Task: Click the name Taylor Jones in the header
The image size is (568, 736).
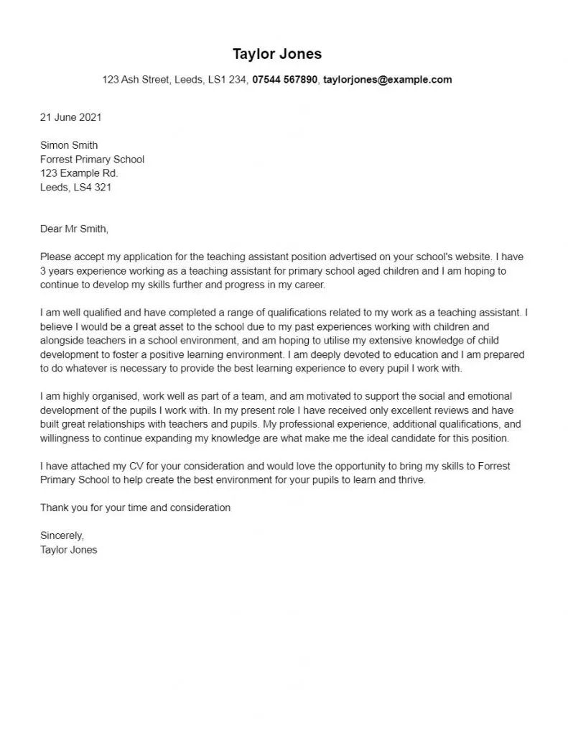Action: point(277,54)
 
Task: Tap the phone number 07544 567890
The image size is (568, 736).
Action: point(284,80)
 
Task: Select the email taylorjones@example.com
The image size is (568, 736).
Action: point(387,80)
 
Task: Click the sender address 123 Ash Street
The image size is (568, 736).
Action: point(136,80)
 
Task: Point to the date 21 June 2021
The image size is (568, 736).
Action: point(71,116)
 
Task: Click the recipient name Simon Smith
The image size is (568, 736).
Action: point(69,145)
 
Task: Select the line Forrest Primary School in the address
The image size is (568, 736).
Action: point(92,160)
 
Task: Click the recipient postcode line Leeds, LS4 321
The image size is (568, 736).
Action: point(75,188)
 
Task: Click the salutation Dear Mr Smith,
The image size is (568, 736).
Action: point(74,229)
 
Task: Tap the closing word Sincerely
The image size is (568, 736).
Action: point(62,535)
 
